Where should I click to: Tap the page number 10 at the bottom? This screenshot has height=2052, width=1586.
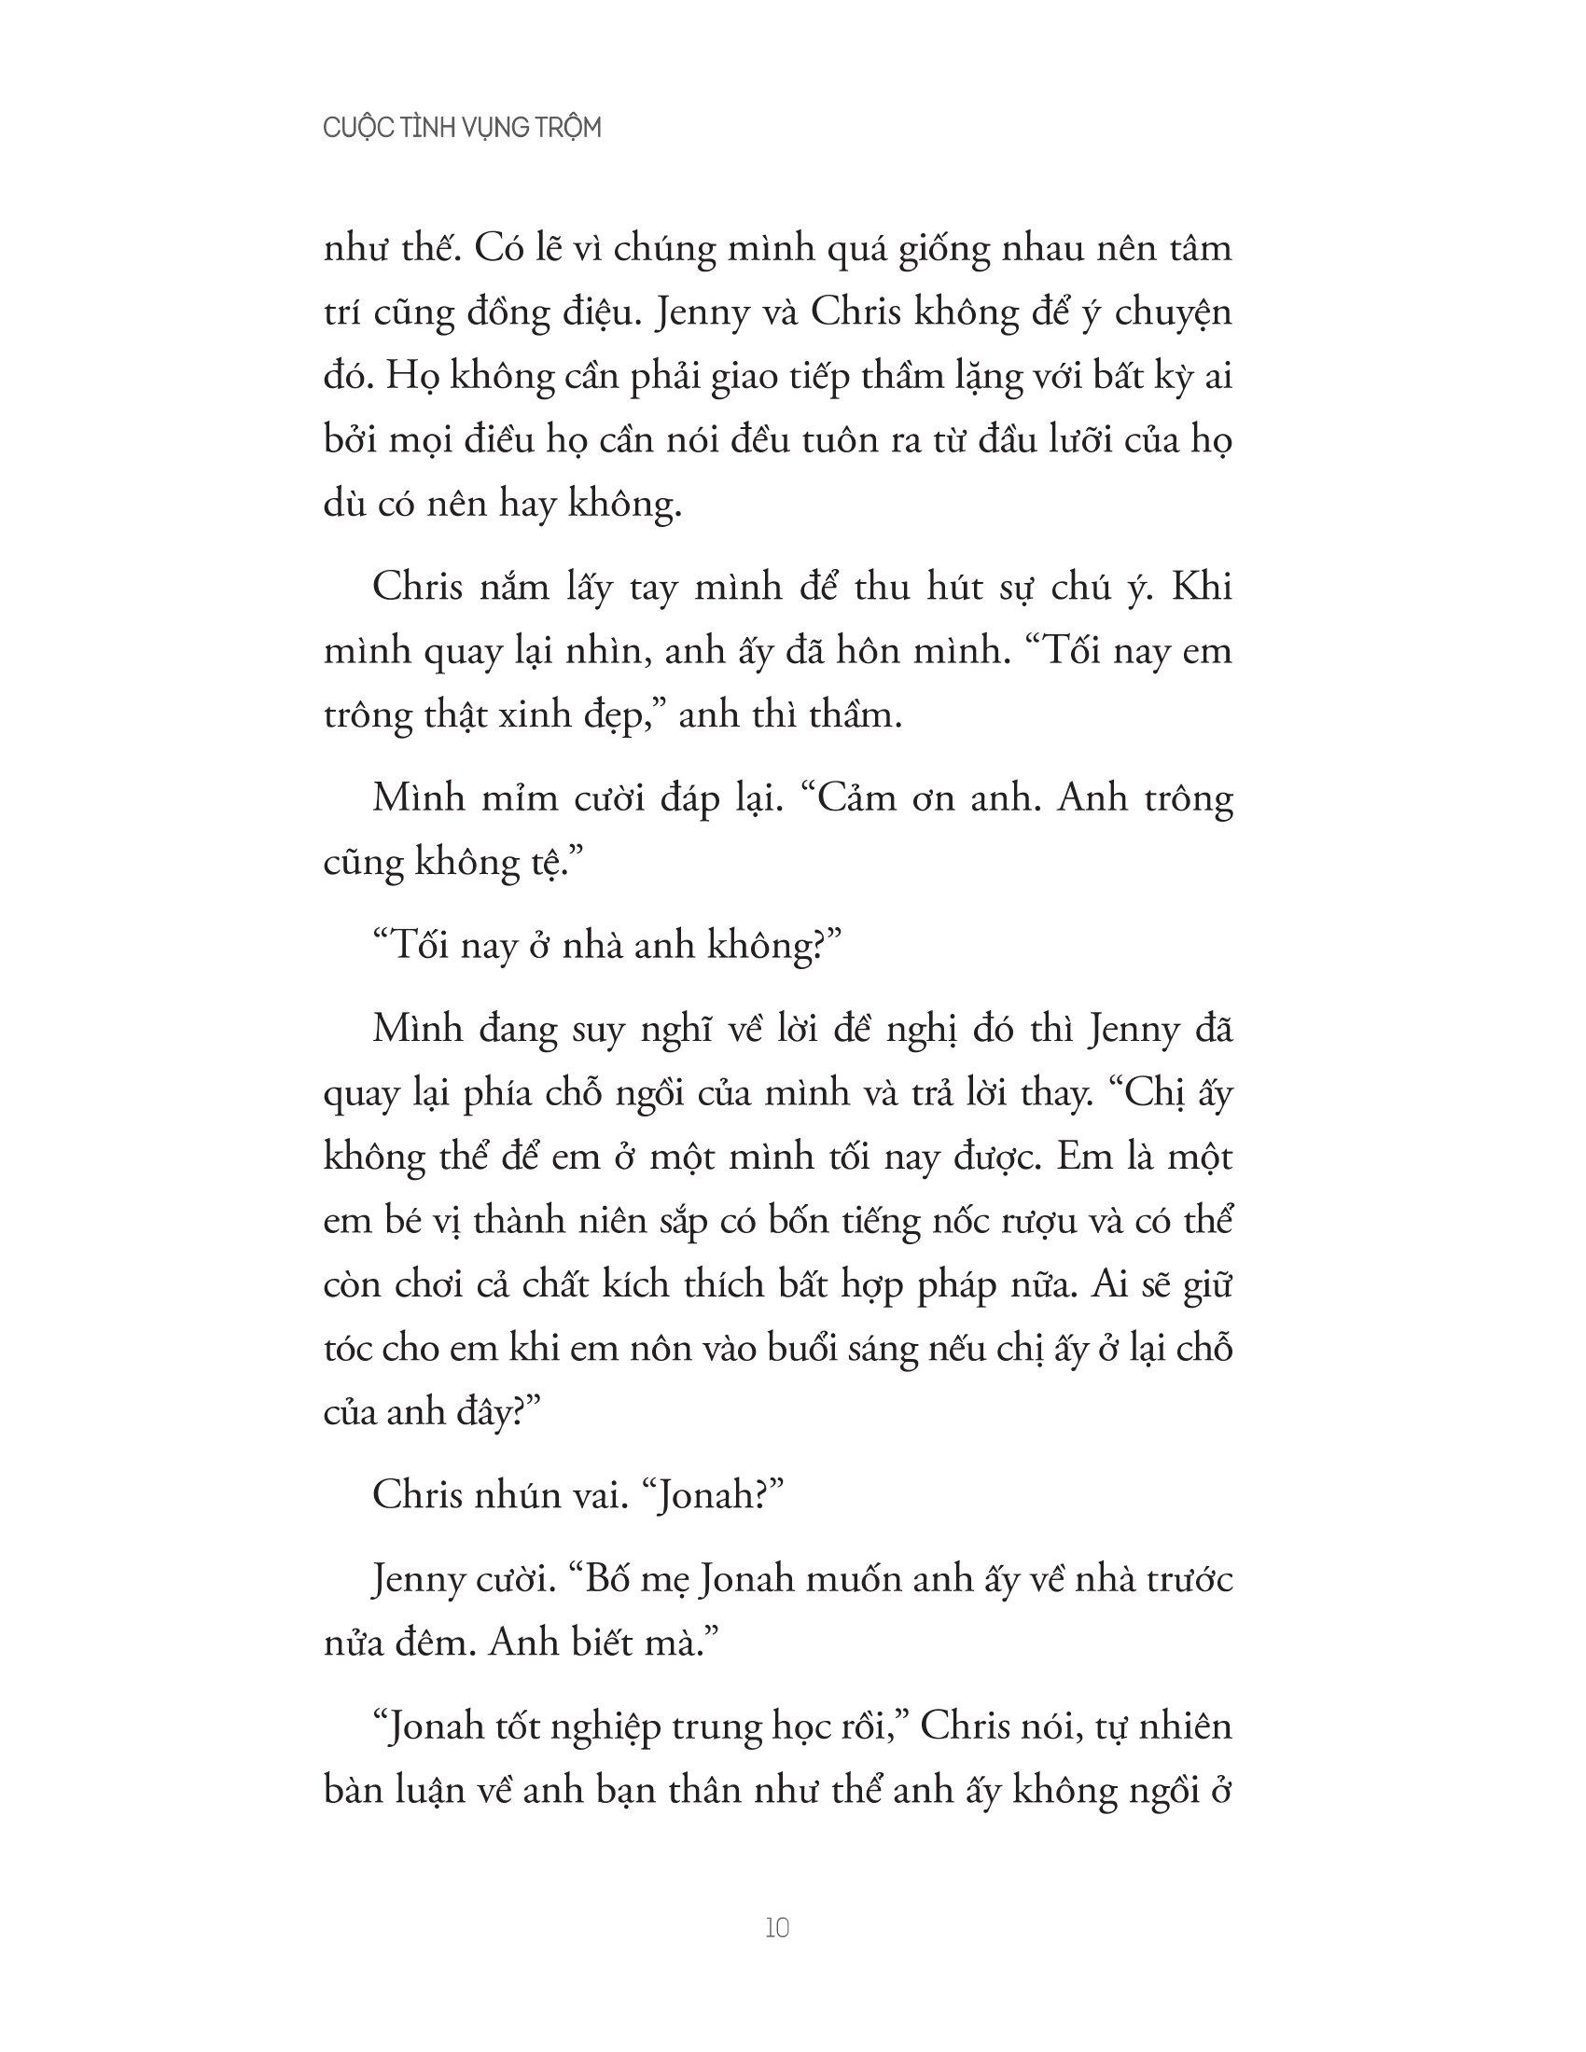point(777,1929)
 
